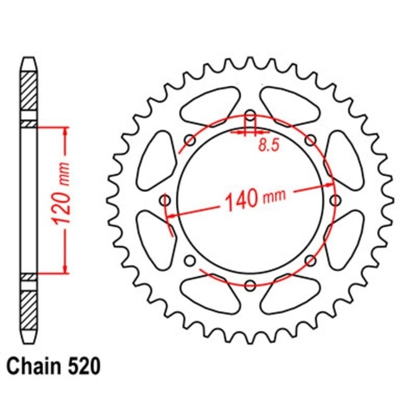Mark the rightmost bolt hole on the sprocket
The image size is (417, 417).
tap(337, 200)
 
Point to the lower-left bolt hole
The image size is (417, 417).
tap(188, 262)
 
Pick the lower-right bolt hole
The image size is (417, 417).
tap(311, 262)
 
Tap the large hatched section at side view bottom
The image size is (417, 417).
tap(28, 313)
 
